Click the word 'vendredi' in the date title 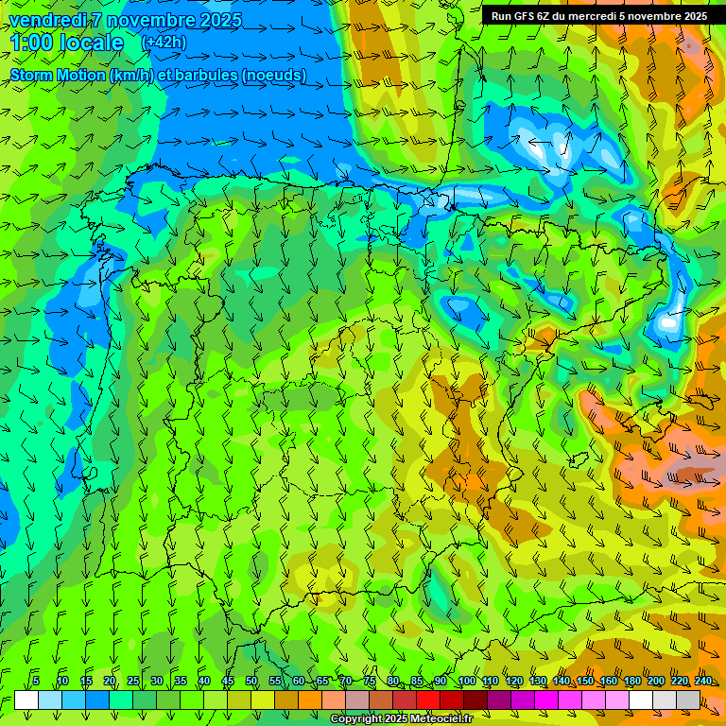pos(44,20)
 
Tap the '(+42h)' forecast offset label pos(164,43)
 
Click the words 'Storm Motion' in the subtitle pos(57,75)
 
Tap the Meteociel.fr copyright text pos(402,719)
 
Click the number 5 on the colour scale pos(36,681)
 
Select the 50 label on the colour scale pos(251,681)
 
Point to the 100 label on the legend pos(466,681)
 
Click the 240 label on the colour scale pos(702,681)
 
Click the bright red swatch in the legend pos(428,700)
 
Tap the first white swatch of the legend pos(26,700)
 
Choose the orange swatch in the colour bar pos(310,700)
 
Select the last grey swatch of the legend pos(688,700)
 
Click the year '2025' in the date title pos(216,20)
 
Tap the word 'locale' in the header pos(92,43)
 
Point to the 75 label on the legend pos(370,681)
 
